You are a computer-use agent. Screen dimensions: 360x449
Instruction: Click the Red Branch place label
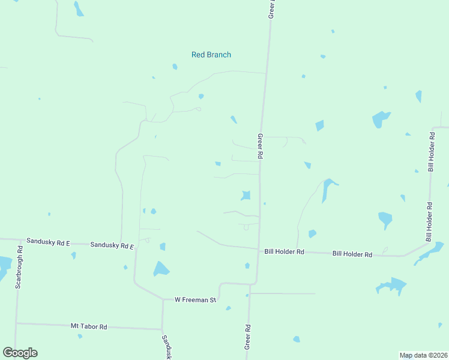(211, 55)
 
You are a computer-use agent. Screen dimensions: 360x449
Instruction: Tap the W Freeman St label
(194, 299)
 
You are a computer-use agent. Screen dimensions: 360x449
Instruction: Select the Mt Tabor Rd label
(89, 326)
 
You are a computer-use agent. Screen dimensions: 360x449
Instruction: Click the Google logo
(20, 353)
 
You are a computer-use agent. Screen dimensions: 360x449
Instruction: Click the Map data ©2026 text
(423, 355)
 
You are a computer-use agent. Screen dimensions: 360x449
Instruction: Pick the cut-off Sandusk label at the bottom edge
(167, 347)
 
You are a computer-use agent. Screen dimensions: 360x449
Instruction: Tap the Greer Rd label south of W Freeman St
(247, 337)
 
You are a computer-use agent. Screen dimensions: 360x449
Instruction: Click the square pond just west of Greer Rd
(246, 195)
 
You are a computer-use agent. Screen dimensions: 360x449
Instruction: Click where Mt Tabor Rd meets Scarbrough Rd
(16, 323)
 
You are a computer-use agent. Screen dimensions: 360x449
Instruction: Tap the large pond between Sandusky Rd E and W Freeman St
(160, 269)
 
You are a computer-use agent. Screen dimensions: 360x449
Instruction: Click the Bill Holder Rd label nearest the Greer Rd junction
(285, 252)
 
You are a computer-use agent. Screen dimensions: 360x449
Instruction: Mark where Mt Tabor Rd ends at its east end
(162, 329)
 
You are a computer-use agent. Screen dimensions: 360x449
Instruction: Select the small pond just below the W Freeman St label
(228, 308)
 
